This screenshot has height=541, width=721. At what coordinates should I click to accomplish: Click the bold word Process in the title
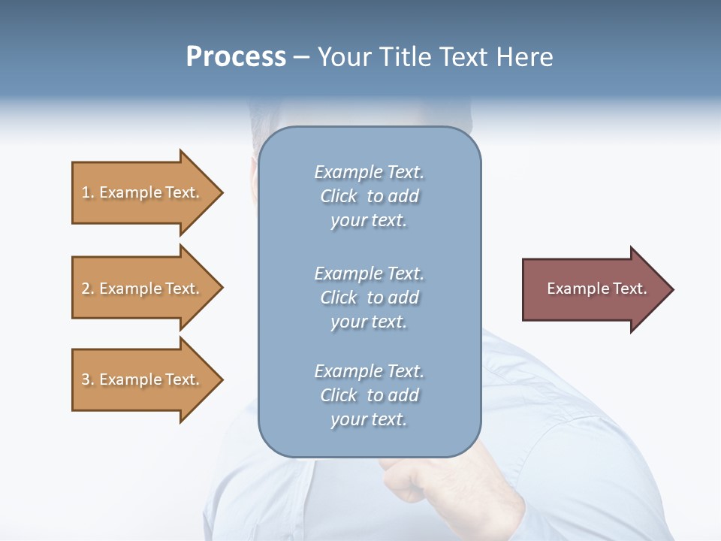(x=236, y=57)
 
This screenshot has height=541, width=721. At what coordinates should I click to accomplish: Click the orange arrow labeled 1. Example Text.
(x=143, y=193)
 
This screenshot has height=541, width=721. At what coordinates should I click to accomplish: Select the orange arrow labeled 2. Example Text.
(x=143, y=289)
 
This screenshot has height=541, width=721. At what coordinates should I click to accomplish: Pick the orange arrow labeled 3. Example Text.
(x=143, y=379)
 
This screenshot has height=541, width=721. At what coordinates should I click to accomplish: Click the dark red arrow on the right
(x=593, y=289)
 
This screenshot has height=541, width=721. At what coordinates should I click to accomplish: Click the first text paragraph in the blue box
(x=369, y=196)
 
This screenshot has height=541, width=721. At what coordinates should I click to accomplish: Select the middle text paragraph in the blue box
(x=369, y=298)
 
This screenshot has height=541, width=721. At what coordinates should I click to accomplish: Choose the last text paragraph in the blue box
(x=369, y=395)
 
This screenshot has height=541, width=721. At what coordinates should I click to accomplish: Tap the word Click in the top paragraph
(x=338, y=196)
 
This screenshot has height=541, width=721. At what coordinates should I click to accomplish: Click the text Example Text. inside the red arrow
(x=596, y=289)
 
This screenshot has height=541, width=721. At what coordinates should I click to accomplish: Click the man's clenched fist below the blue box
(x=406, y=481)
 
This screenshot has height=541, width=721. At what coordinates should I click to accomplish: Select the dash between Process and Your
(x=302, y=58)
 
